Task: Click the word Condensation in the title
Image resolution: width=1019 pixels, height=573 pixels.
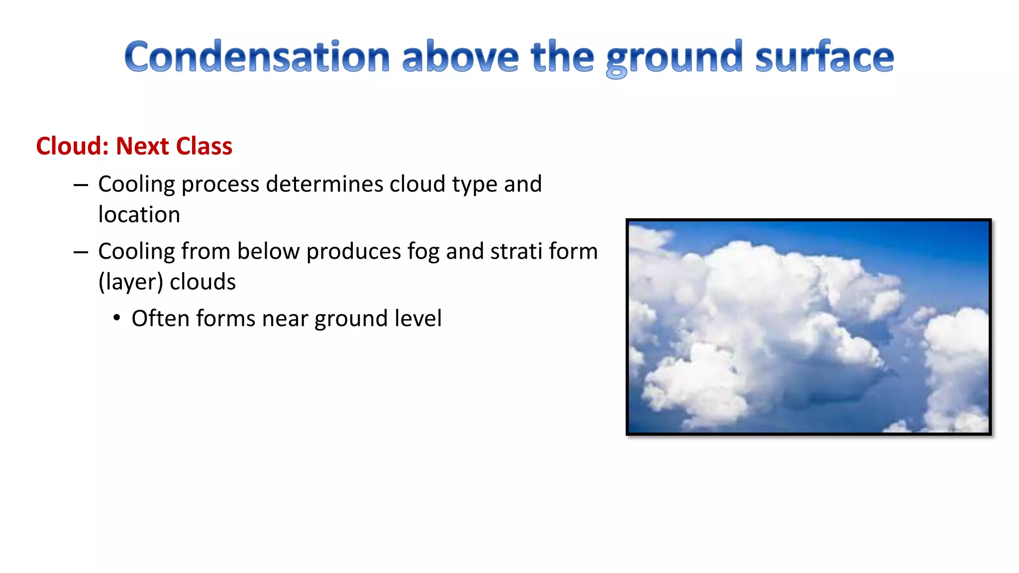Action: coord(257,57)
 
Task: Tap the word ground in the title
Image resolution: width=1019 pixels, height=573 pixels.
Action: coord(674,58)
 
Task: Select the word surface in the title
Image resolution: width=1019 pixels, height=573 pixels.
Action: coord(824,57)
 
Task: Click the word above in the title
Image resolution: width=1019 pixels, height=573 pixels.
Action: coord(460,57)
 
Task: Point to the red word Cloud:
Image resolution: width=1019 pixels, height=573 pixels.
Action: coord(72,146)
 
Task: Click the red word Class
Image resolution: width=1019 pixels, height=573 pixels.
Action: coord(204,146)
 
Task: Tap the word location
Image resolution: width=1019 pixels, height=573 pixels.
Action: coord(139,215)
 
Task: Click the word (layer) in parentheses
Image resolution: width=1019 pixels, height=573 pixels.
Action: coord(130,282)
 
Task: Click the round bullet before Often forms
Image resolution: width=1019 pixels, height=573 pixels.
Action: coord(116,318)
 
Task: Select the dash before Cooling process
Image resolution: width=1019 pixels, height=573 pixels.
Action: coord(81,186)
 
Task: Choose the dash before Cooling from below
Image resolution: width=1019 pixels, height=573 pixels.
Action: coord(81,253)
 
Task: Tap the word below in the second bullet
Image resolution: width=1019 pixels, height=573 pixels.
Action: coord(268,251)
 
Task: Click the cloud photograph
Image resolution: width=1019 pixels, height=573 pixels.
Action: coord(809,327)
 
